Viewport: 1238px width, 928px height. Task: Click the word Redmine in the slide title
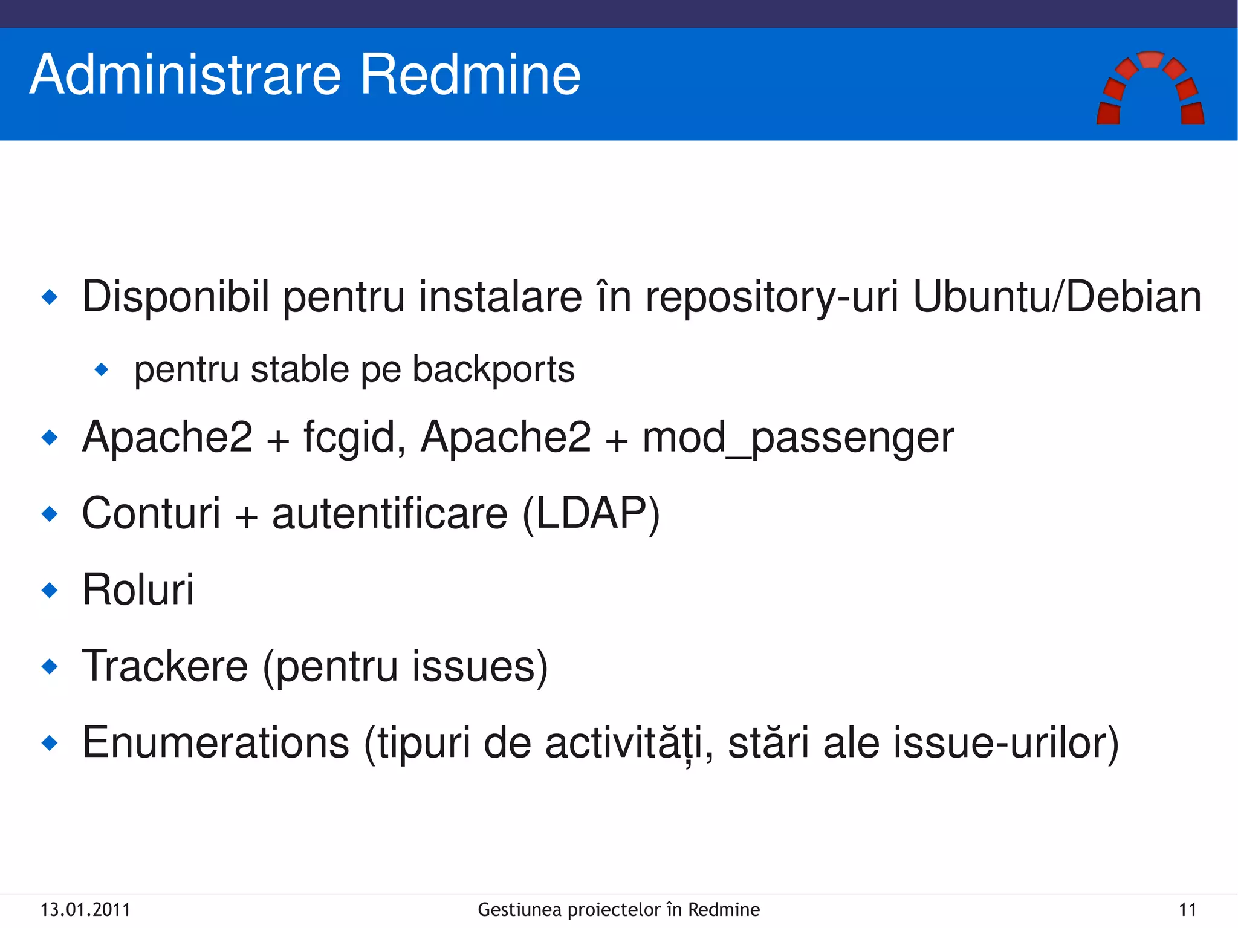point(470,75)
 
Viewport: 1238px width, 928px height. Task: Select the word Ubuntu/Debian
point(1057,297)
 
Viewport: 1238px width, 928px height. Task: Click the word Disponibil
point(175,297)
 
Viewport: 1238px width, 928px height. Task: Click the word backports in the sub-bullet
point(493,370)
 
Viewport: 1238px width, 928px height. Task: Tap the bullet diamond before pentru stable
point(102,369)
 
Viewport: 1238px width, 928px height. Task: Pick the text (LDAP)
point(591,514)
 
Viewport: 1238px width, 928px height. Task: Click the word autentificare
point(389,514)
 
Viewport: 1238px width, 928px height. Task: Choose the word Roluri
point(138,589)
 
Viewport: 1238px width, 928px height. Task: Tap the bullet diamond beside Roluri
point(50,590)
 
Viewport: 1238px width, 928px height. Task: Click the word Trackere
point(165,666)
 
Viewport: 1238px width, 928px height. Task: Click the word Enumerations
point(216,743)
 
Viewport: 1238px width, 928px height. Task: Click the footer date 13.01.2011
point(85,910)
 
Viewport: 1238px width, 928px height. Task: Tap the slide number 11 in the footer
point(1187,910)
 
